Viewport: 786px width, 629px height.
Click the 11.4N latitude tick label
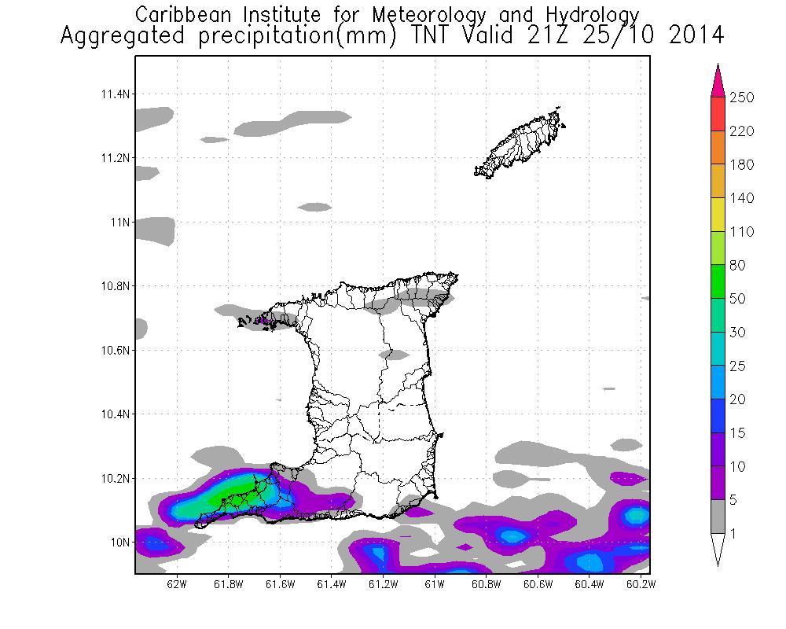click(116, 94)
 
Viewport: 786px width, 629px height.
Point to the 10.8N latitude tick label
click(116, 286)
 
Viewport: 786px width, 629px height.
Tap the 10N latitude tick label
click(120, 543)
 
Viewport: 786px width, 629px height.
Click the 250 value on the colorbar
click(742, 97)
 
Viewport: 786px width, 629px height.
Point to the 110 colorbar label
click(742, 232)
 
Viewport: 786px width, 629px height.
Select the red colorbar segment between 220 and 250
click(717, 114)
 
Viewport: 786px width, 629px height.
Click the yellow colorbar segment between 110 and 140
click(717, 215)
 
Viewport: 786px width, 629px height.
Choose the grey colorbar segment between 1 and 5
click(717, 517)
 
